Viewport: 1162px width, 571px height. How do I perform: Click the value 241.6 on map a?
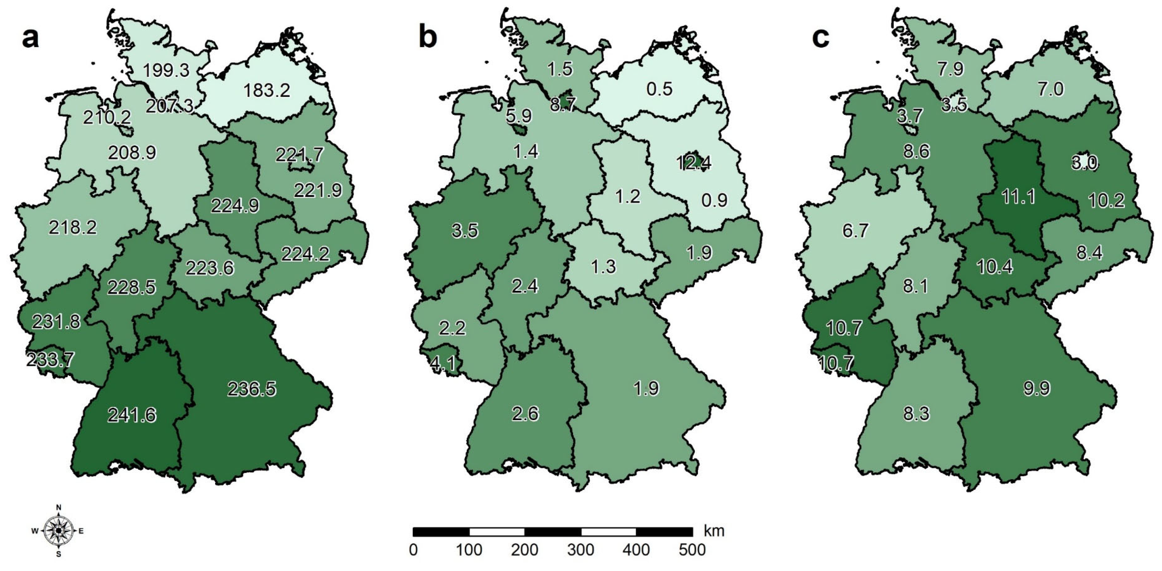point(132,415)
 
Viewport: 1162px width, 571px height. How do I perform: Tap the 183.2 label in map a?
point(267,91)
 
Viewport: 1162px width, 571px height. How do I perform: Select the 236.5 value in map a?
point(251,389)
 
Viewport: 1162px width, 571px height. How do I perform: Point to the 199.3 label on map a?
point(167,71)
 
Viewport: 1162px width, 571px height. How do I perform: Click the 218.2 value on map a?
point(73,228)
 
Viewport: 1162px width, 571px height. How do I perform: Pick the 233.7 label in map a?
point(50,360)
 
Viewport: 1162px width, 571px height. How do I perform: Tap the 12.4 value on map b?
point(694,163)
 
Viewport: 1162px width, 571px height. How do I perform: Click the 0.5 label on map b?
point(660,89)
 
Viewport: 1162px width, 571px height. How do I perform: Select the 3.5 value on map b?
point(465,231)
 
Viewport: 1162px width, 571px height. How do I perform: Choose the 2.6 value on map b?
point(525,414)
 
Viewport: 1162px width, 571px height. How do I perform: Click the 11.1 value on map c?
point(1018,197)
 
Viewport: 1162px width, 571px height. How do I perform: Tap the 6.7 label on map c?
point(855,231)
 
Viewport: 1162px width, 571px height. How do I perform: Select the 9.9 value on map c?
point(1037,388)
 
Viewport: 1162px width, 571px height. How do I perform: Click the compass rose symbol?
point(58,530)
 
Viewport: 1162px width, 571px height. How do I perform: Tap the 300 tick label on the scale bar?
point(581,549)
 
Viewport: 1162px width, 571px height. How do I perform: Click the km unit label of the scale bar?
point(714,531)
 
